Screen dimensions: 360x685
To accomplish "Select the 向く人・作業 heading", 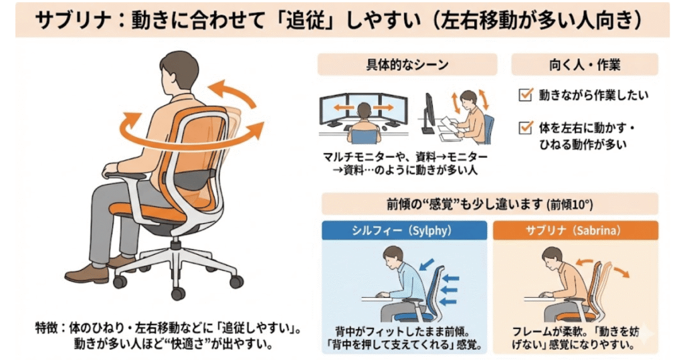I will click(x=584, y=65).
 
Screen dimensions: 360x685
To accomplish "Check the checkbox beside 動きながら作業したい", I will click(x=524, y=96).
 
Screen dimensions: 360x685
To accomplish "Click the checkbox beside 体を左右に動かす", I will click(x=524, y=127).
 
